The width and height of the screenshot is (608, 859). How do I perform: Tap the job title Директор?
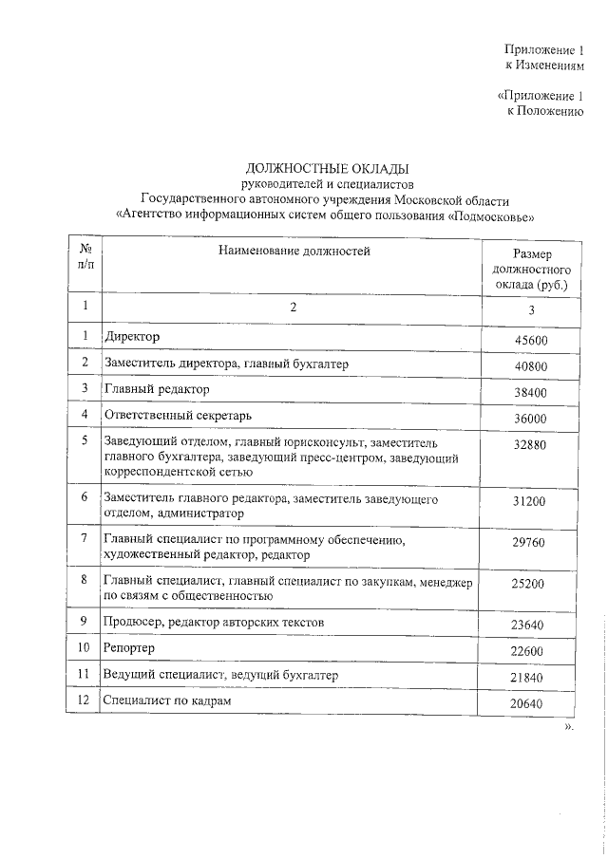(x=133, y=337)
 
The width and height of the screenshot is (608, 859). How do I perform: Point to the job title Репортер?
(x=130, y=647)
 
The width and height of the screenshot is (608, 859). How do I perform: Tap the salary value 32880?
(x=529, y=444)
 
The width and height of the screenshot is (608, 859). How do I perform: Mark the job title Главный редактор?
(x=157, y=389)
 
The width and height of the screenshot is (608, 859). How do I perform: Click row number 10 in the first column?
(x=85, y=647)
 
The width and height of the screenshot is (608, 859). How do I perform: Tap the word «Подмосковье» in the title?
(x=495, y=215)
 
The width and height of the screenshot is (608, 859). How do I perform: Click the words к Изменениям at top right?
(x=544, y=65)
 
